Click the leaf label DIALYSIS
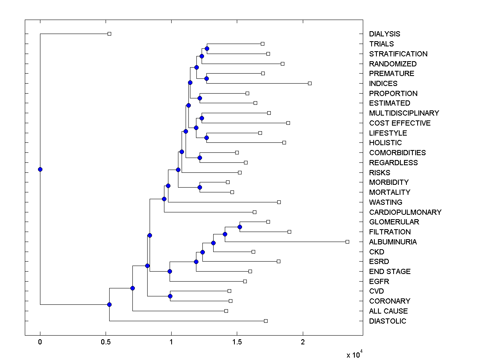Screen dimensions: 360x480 [384, 34]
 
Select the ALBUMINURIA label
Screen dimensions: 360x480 [393, 242]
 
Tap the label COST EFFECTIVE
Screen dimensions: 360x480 [400, 123]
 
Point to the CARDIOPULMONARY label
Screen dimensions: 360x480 [405, 212]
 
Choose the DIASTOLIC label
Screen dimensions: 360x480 [387, 321]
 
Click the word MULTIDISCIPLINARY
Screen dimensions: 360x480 [404, 113]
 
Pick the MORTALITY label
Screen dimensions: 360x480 [390, 192]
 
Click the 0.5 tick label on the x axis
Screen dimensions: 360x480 [106, 342]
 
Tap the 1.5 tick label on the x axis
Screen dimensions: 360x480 [237, 342]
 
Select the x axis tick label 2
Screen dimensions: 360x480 [303, 342]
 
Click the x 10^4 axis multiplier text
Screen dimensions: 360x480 [354, 354]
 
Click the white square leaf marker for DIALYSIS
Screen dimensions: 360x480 [109, 34]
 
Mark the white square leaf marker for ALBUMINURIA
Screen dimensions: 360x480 [347, 242]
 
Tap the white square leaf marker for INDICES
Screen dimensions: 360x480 [310, 83]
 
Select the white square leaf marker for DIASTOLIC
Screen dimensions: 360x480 [266, 321]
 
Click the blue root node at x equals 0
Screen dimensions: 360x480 [40, 169]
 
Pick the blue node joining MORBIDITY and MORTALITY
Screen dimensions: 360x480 [200, 187]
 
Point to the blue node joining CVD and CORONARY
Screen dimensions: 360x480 [170, 296]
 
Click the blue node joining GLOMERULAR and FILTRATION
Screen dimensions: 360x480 [240, 227]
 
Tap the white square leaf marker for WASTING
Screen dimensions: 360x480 [279, 202]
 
